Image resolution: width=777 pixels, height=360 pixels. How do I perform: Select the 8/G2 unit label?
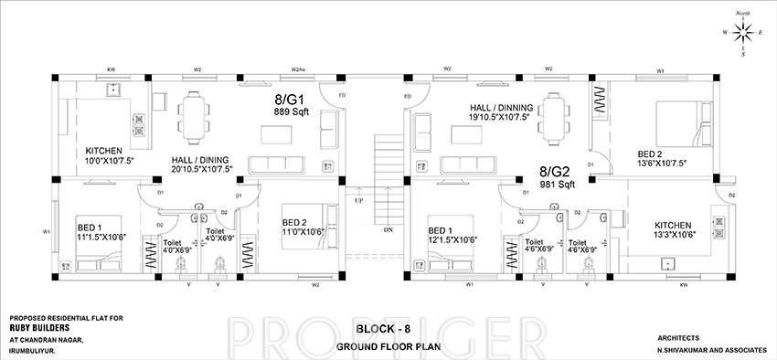click(555, 171)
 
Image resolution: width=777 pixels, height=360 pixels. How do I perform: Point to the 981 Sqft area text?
click(556, 184)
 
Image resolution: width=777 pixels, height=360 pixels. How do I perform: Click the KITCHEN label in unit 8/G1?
click(104, 151)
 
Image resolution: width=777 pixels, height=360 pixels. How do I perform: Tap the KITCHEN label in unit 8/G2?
click(673, 224)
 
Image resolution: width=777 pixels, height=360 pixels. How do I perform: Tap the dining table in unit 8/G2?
click(554, 115)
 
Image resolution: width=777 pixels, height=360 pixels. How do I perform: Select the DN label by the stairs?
click(388, 229)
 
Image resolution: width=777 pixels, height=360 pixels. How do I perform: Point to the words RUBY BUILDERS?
click(40, 328)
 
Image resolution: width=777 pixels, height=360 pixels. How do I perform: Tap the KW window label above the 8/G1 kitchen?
click(111, 69)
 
